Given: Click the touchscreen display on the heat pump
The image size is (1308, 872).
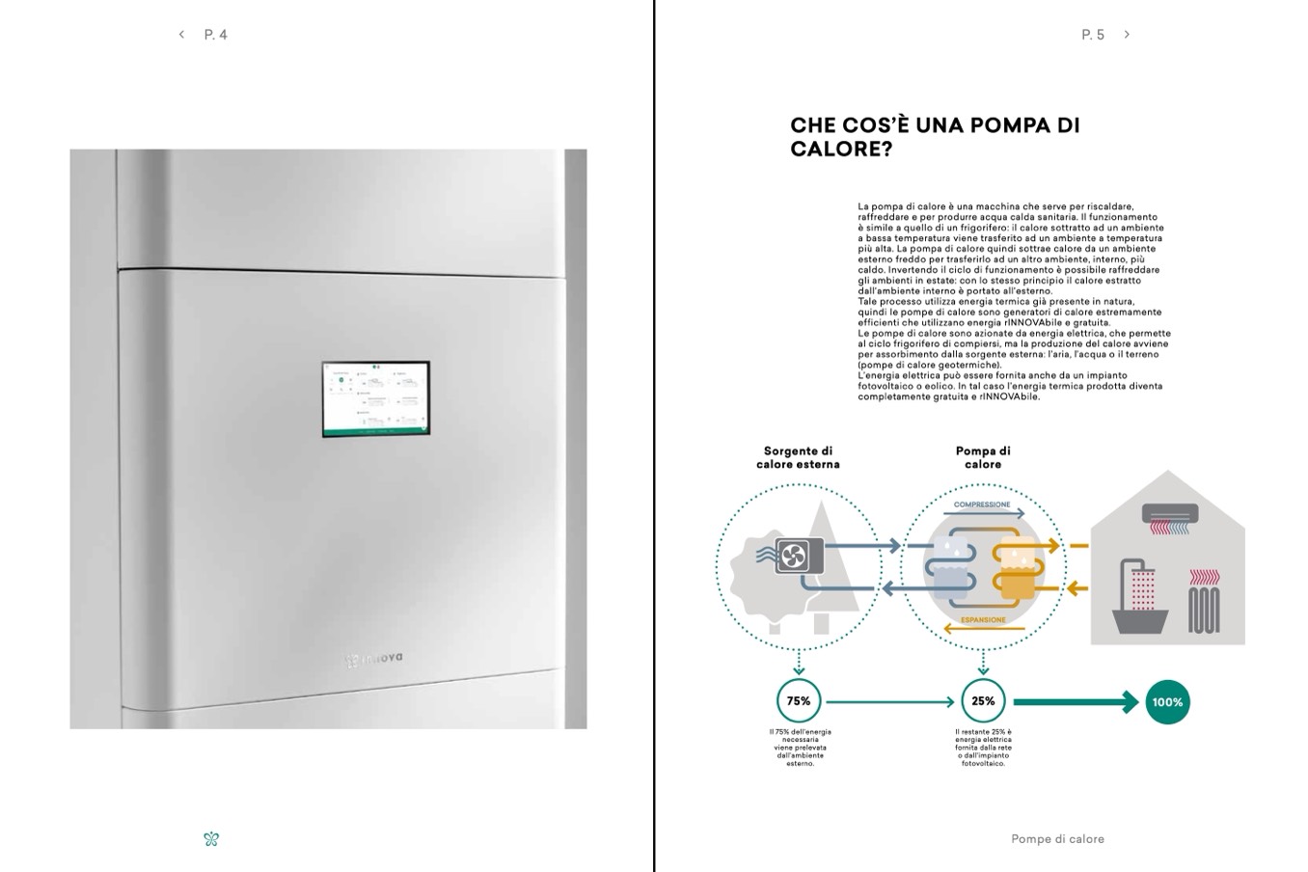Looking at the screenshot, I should (375, 399).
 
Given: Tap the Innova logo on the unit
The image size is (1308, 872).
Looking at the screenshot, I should (374, 660).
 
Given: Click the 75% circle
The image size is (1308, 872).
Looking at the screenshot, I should (799, 701).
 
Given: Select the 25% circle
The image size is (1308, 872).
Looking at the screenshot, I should (983, 701).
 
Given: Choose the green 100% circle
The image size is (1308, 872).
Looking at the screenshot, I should (1167, 702).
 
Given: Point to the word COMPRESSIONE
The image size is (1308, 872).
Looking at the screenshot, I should (982, 504).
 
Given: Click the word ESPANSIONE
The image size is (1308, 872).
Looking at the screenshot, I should (983, 620).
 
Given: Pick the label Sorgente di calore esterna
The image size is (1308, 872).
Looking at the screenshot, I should (798, 457).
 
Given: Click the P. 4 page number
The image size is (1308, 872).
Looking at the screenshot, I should (216, 35).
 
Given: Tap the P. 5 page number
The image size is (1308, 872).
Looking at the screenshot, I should (1093, 35).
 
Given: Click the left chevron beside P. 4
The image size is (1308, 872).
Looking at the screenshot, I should (181, 35).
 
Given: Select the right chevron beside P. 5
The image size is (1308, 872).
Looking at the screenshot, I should (1127, 35).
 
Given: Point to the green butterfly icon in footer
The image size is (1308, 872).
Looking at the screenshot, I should (212, 839).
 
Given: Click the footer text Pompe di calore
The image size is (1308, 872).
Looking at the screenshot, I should (1057, 839).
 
